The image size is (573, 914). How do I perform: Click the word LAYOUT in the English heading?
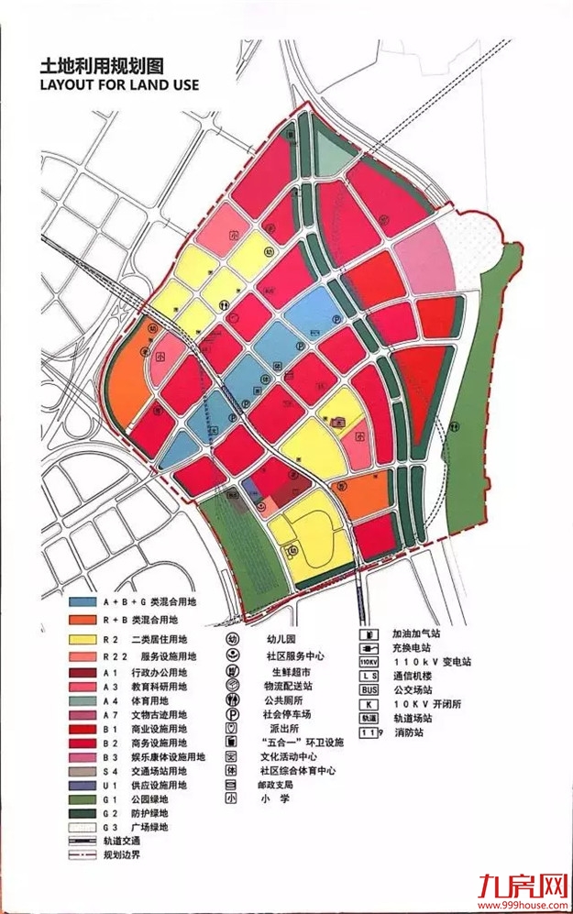[69, 85]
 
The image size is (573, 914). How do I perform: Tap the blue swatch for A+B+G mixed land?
[83, 602]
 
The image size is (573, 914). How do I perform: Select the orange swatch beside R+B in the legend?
[83, 621]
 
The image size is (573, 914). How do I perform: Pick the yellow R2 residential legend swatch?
[83, 639]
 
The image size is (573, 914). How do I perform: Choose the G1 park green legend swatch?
[83, 799]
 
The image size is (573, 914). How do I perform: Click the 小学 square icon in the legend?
[233, 799]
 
